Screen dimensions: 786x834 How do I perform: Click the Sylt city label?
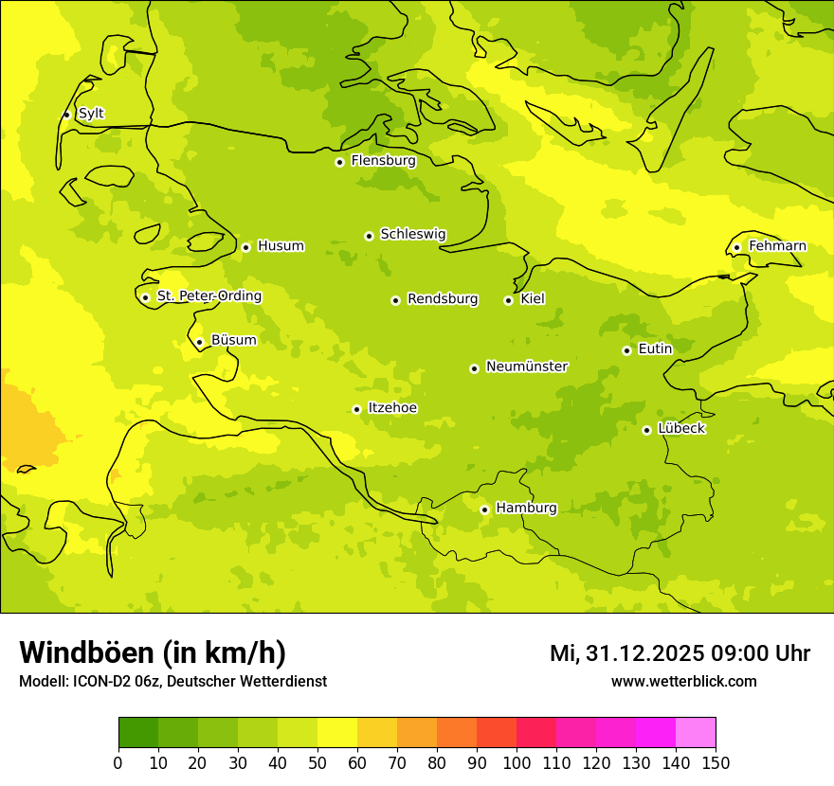(91, 114)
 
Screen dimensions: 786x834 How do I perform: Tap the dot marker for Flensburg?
(339, 162)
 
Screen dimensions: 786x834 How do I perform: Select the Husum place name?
(281, 246)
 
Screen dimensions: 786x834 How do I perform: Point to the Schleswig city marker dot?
(369, 236)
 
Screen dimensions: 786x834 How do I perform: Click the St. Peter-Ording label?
(208, 296)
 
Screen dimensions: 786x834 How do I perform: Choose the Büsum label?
(233, 340)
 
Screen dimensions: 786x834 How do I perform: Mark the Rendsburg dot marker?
(395, 300)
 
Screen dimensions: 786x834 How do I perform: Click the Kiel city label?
(533, 299)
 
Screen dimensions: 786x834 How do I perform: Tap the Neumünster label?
(526, 366)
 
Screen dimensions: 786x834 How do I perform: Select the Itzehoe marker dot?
(356, 410)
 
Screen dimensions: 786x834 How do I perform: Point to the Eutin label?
(655, 349)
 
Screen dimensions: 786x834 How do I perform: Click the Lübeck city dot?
(646, 430)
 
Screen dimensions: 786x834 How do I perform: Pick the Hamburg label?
(526, 509)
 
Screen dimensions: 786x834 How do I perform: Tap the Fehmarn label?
(777, 246)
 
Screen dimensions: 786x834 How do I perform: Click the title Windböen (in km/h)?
(153, 653)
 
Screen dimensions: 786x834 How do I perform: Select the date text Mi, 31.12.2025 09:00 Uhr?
(680, 653)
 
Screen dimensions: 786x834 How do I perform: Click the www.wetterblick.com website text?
(683, 682)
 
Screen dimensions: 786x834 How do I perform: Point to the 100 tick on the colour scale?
(517, 762)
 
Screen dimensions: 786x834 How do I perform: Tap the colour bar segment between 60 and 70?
(377, 733)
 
